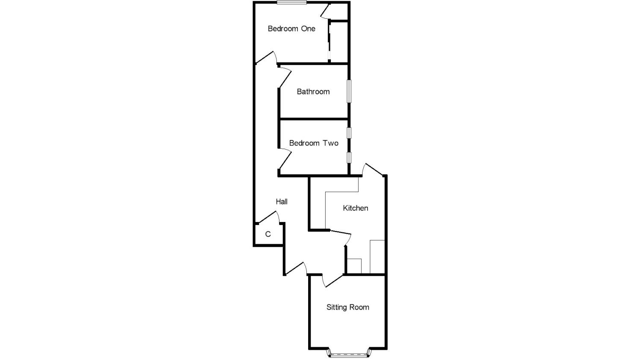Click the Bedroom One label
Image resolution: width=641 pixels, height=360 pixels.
click(x=291, y=29)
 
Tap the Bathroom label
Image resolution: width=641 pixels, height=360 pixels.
click(x=313, y=91)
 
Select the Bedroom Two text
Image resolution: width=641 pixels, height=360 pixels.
click(x=314, y=143)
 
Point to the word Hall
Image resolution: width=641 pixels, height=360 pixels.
click(x=282, y=202)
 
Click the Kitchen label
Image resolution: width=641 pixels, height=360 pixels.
click(x=356, y=208)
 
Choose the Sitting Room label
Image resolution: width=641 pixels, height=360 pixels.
click(x=348, y=307)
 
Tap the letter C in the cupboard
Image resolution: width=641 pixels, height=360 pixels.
click(x=268, y=234)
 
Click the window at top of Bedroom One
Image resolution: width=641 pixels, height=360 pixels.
click(x=291, y=3)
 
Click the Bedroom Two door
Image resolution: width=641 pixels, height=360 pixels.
click(x=285, y=159)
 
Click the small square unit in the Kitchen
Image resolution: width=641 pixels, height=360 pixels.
click(x=354, y=266)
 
